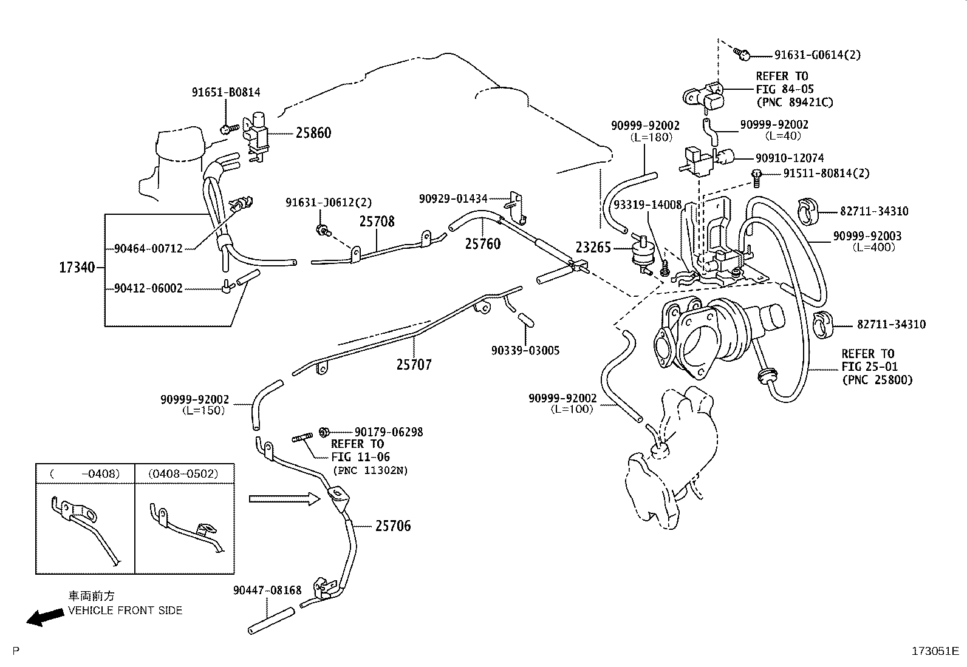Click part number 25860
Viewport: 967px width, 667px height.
tap(313, 133)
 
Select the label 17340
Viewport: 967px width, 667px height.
tap(77, 268)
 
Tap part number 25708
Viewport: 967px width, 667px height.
tap(377, 222)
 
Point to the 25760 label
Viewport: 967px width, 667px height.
tap(483, 244)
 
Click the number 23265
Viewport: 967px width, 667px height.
tap(593, 248)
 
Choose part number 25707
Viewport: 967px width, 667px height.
tap(414, 365)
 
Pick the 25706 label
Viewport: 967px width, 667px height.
tap(393, 526)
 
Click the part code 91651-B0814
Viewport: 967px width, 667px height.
tap(226, 92)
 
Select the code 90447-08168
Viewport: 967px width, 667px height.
tap(267, 590)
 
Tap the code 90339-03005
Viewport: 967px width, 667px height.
tap(525, 350)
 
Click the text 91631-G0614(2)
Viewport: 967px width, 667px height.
tap(817, 55)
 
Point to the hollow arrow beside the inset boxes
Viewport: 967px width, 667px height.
tap(284, 499)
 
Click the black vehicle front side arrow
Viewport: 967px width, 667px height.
tap(46, 617)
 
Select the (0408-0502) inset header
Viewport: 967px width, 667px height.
tap(183, 474)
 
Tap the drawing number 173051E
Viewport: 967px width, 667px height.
tap(935, 651)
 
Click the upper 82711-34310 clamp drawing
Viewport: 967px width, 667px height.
tap(807, 211)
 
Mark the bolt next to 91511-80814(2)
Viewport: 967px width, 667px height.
tap(756, 178)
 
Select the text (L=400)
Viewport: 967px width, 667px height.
tap(873, 248)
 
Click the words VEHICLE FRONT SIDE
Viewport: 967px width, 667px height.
tap(125, 611)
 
